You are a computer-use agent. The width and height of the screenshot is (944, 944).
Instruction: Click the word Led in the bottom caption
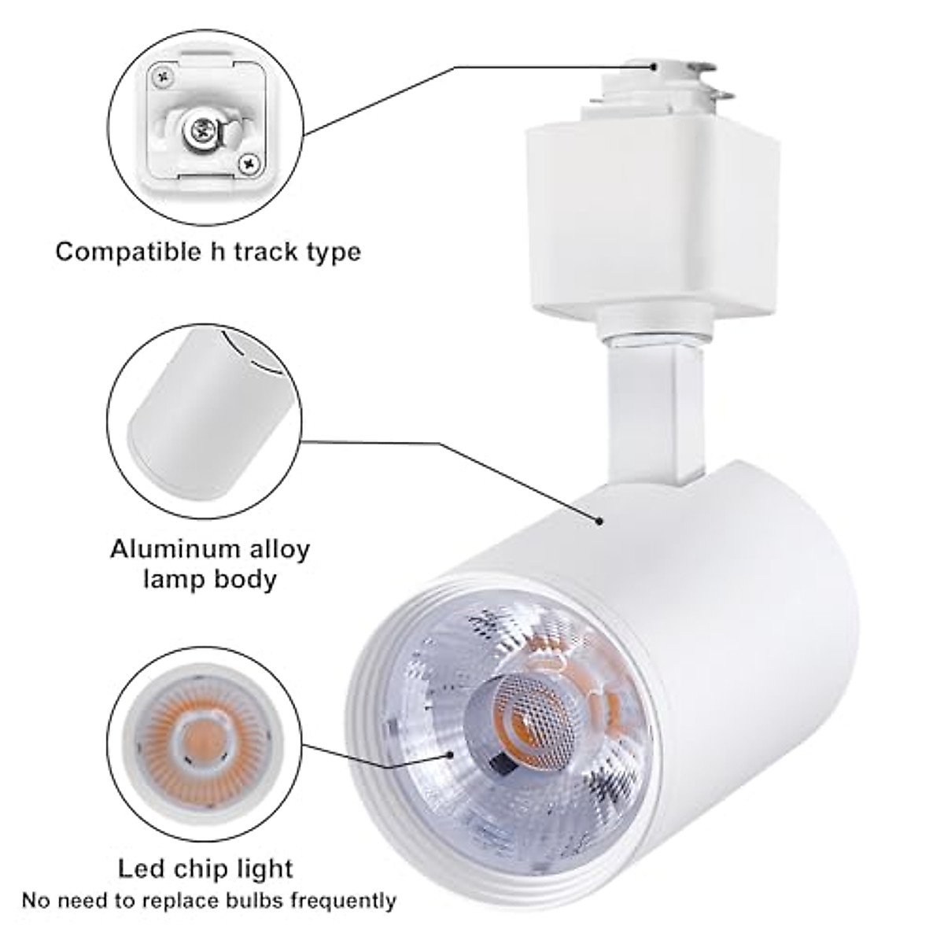[140, 868]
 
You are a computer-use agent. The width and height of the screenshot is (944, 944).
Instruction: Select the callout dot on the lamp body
[600, 520]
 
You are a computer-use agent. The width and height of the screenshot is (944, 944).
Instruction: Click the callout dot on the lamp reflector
[452, 753]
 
